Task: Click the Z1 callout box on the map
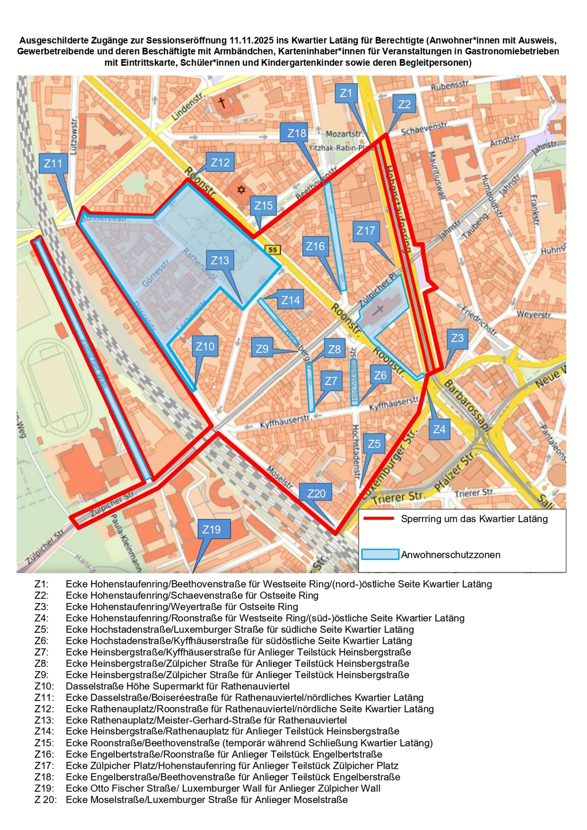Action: [x=345, y=93]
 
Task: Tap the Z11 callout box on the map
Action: [x=53, y=163]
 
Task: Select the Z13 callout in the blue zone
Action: [x=220, y=261]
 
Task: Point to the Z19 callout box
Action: [x=212, y=529]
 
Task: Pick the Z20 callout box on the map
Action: [x=316, y=494]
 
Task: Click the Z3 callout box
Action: [x=457, y=338]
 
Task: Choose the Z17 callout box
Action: [x=366, y=231]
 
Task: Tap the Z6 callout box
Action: [x=380, y=375]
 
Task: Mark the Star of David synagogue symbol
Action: [x=241, y=189]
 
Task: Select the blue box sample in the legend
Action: [x=380, y=554]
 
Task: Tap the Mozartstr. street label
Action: [x=345, y=134]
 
